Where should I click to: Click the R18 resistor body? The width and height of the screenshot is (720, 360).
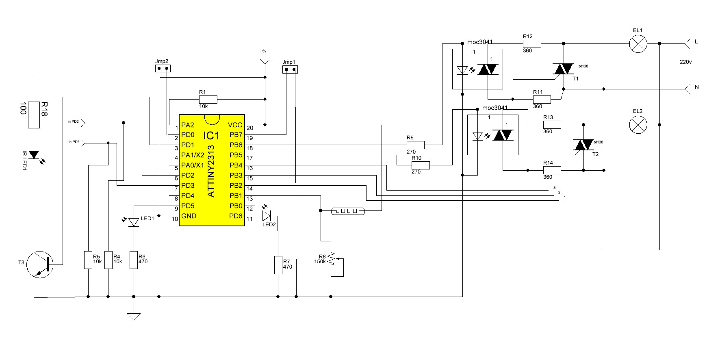point(34,115)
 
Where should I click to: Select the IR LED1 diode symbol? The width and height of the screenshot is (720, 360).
point(34,155)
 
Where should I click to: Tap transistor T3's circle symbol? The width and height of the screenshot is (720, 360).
point(42,264)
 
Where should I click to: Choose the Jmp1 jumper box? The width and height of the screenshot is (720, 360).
point(289,69)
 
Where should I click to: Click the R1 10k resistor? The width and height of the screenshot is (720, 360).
point(208,99)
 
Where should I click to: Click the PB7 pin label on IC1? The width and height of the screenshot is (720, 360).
point(236,135)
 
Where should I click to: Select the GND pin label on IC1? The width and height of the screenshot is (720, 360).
point(189,216)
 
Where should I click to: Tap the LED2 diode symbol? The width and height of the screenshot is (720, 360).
point(267,216)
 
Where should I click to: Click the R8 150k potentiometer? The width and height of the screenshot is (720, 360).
point(332,259)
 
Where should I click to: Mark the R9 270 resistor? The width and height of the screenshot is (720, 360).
point(416,145)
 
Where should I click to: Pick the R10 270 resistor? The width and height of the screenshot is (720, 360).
point(421,165)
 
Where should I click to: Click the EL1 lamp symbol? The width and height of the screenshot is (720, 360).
point(638,43)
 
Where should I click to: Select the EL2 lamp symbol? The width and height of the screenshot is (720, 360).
point(638,125)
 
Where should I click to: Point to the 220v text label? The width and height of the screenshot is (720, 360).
point(685,62)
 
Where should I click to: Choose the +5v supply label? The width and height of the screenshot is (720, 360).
point(263,51)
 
